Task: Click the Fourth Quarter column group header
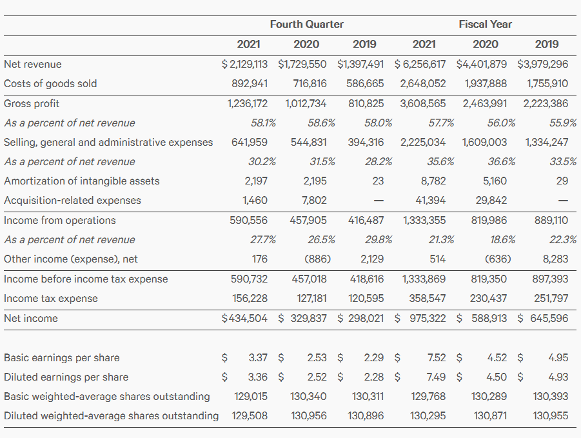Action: click(x=306, y=25)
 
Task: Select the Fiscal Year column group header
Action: click(x=485, y=25)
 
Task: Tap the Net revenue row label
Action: click(x=33, y=64)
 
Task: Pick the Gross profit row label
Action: click(x=32, y=103)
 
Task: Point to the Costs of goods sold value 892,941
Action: click(x=250, y=83)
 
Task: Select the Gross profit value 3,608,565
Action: click(x=422, y=103)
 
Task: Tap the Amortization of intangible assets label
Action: click(x=82, y=181)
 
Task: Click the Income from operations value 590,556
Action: click(x=249, y=220)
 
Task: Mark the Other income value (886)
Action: click(x=317, y=259)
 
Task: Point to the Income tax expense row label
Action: click(x=51, y=298)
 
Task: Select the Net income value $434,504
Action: click(x=244, y=318)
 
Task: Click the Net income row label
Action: click(x=31, y=318)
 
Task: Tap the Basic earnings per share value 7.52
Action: click(x=437, y=357)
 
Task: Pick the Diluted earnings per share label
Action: click(x=66, y=377)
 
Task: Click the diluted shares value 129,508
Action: click(x=250, y=415)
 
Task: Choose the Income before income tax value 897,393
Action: click(x=551, y=279)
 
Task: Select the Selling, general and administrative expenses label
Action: click(x=108, y=142)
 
